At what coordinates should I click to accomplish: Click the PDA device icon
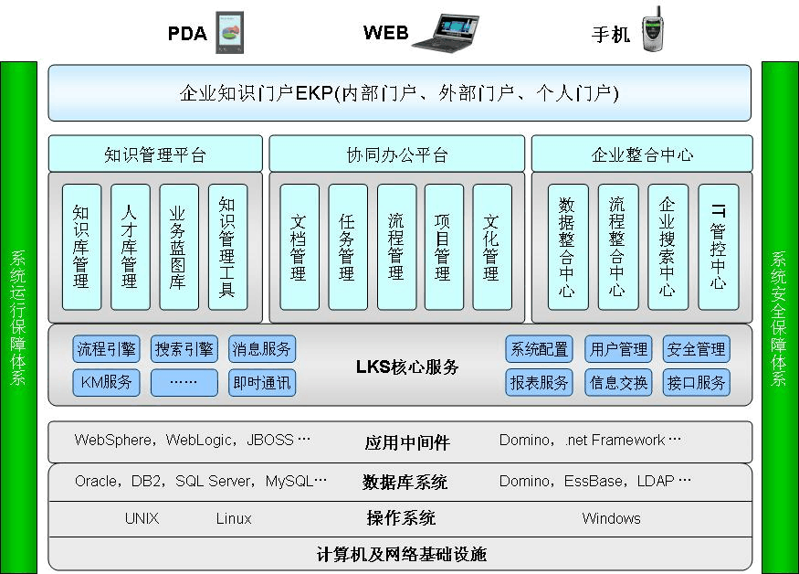click(229, 33)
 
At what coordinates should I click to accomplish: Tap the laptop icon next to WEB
click(446, 32)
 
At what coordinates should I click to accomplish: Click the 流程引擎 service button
click(107, 349)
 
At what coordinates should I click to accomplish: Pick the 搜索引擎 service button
click(184, 349)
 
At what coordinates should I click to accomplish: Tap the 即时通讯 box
click(262, 383)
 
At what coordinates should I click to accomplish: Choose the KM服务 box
click(107, 383)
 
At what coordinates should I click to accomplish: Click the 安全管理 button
click(697, 349)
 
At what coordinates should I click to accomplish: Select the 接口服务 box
click(697, 383)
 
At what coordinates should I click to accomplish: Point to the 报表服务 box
click(540, 383)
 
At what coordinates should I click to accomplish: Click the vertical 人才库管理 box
click(130, 247)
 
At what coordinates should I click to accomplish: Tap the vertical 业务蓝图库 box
click(178, 247)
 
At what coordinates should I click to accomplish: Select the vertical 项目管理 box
click(443, 247)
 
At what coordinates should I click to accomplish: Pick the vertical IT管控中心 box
click(718, 247)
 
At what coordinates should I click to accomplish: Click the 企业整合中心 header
click(642, 154)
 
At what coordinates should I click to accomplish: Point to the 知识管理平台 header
click(155, 154)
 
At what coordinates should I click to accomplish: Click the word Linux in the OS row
click(234, 518)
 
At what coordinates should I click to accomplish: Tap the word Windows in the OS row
click(611, 518)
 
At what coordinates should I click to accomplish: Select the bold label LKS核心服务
click(407, 367)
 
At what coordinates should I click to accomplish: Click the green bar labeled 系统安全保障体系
click(780, 317)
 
